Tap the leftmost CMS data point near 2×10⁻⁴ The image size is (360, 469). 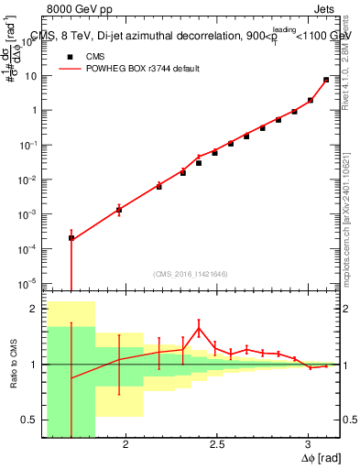(71, 237)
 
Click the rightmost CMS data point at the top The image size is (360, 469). (326, 80)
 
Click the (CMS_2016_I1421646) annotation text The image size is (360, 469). (191, 273)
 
